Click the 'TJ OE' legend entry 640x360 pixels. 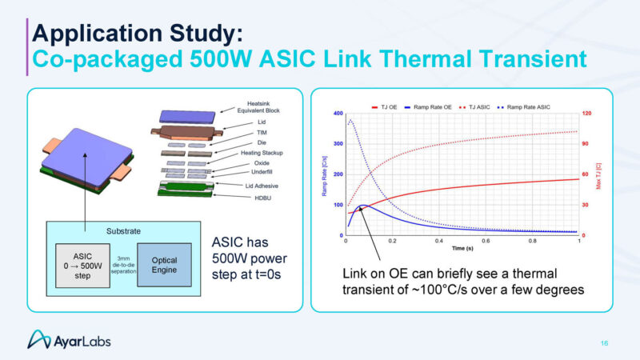point(386,106)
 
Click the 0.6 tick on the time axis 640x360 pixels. point(486,240)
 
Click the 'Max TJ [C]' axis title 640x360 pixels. point(599,174)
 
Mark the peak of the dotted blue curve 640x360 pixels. point(350,121)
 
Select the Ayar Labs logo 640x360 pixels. point(70,340)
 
